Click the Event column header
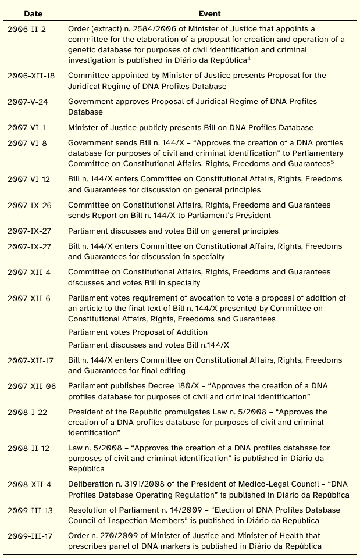(209, 13)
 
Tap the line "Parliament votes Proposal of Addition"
(137, 332)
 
